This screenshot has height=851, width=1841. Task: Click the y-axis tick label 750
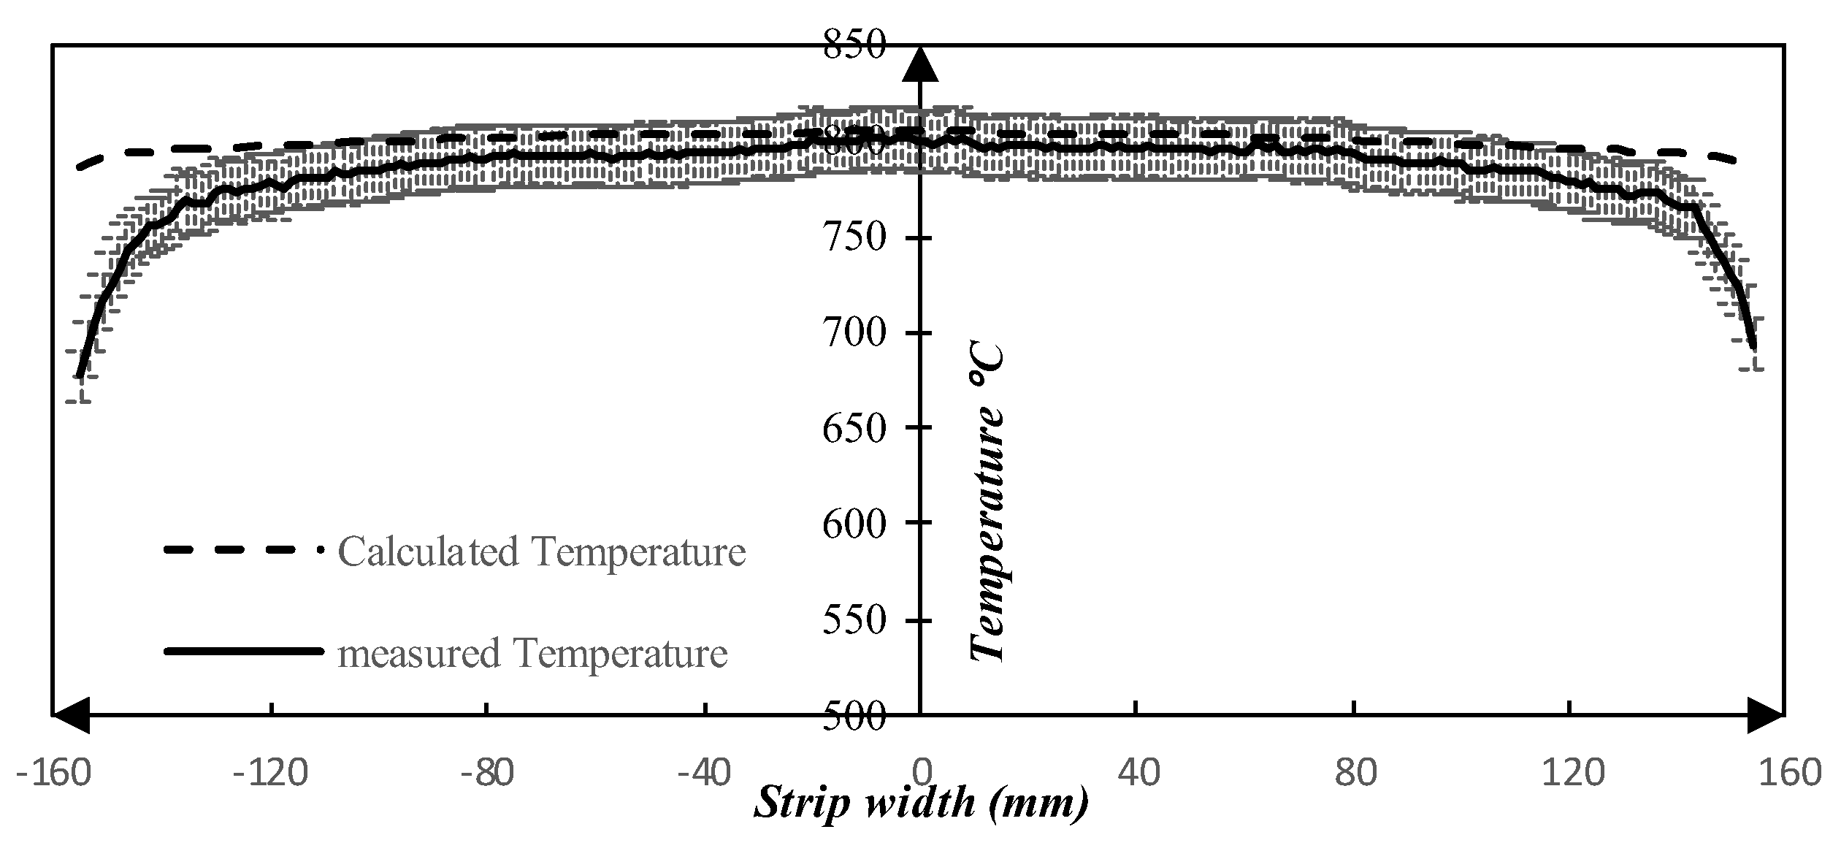(x=854, y=238)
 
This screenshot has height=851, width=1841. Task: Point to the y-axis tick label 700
(x=854, y=334)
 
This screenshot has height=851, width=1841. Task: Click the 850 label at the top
(x=854, y=45)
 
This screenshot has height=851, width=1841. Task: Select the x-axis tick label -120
(x=269, y=772)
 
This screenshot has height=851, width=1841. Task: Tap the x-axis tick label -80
(x=486, y=772)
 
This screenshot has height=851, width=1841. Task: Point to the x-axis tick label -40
(x=704, y=772)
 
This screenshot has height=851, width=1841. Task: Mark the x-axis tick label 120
(x=1572, y=772)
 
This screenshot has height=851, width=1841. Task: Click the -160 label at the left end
(x=53, y=772)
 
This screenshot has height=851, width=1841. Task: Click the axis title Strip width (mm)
(x=921, y=804)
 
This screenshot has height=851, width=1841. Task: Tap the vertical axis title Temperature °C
(x=987, y=503)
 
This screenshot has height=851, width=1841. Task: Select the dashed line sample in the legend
(x=242, y=550)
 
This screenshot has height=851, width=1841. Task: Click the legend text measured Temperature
(x=532, y=652)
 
